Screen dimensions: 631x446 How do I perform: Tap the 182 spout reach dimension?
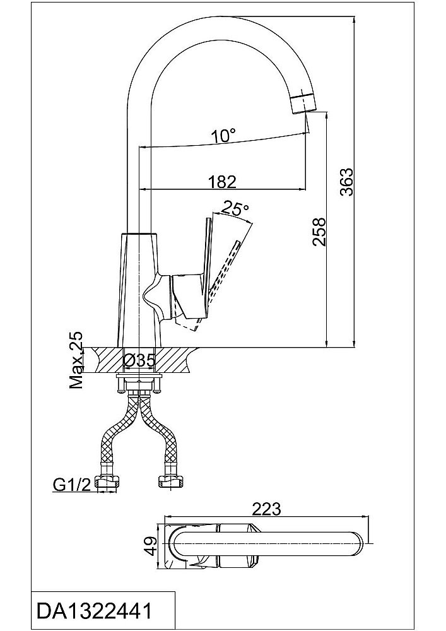(x=222, y=182)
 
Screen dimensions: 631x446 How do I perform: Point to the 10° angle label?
(x=223, y=135)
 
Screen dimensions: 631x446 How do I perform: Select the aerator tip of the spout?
(x=303, y=101)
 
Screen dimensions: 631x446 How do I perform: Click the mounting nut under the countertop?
(x=139, y=383)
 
